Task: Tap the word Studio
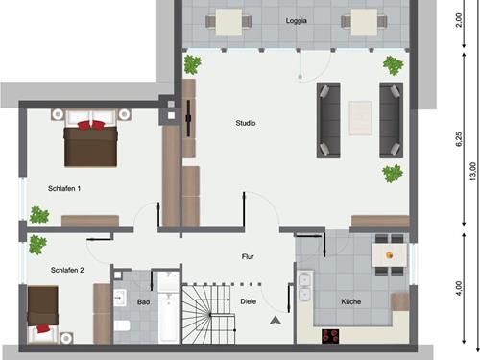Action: coord(247,123)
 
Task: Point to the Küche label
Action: coord(350,301)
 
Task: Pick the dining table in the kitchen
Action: coord(389,252)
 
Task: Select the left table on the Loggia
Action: coord(228,20)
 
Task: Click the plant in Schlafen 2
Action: coord(37,243)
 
